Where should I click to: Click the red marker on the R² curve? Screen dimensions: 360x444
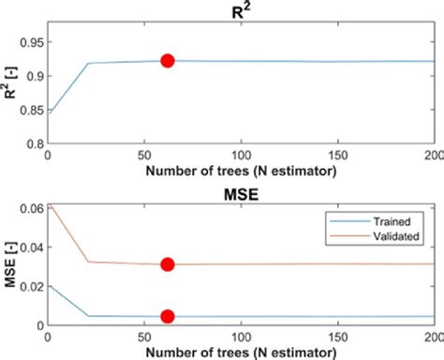[x=168, y=61]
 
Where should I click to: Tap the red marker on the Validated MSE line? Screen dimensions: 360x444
[x=168, y=264]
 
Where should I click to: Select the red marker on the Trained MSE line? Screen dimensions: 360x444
[x=168, y=317]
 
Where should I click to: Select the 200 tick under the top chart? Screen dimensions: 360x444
[x=433, y=155]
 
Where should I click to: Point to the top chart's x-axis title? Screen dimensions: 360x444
[x=241, y=172]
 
